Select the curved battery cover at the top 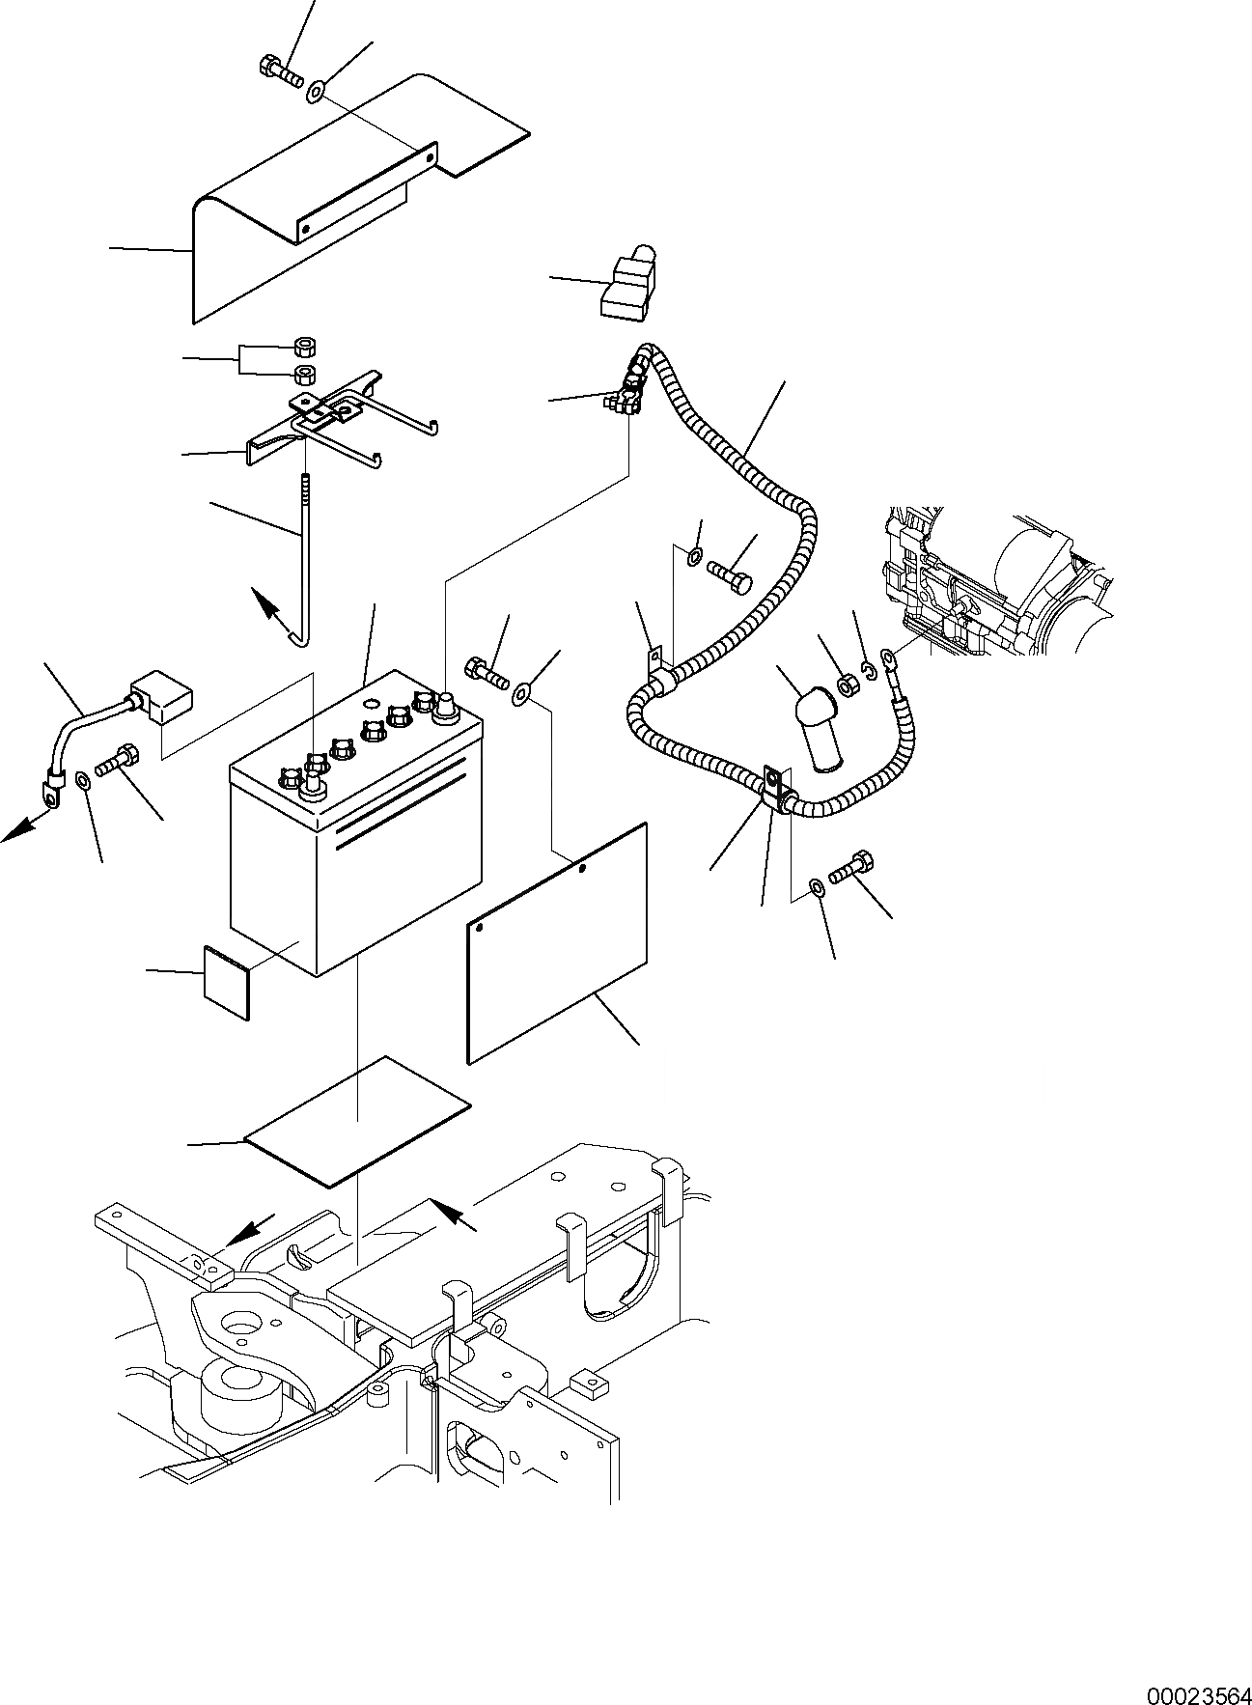click(x=319, y=203)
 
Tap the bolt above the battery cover click(x=279, y=70)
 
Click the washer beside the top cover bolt click(x=317, y=93)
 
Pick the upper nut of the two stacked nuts click(x=306, y=348)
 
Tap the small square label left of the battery click(x=226, y=981)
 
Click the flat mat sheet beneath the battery click(x=357, y=1120)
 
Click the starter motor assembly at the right click(x=1004, y=589)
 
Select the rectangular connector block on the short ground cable click(x=161, y=695)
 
